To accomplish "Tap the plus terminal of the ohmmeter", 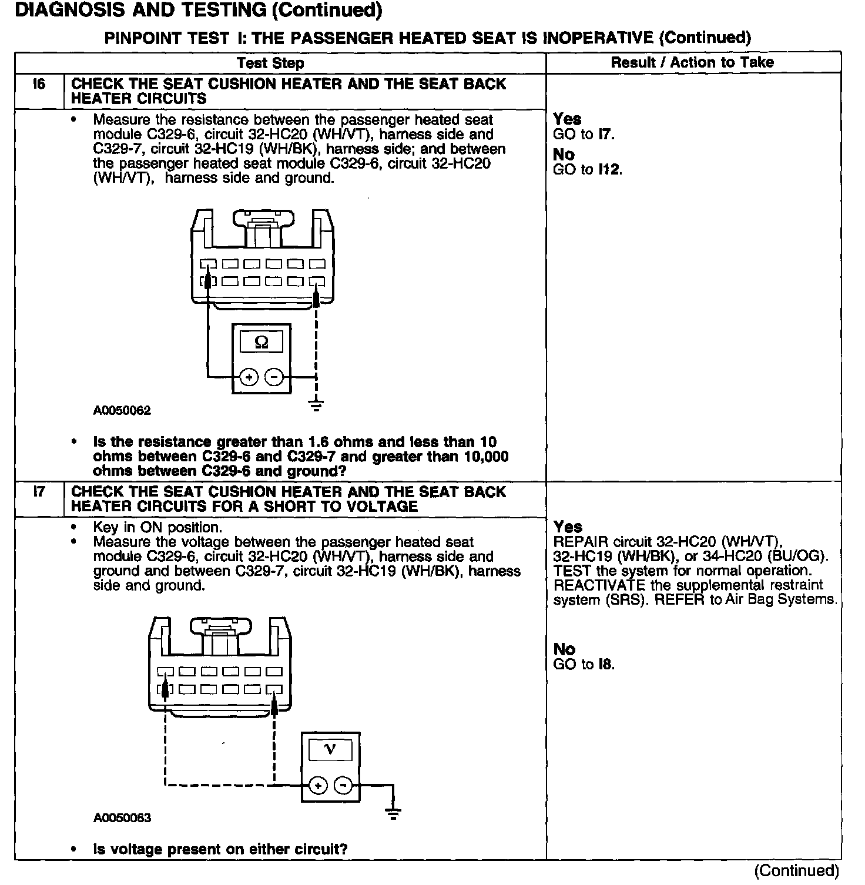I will (x=249, y=377).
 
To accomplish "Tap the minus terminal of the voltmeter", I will (x=344, y=785).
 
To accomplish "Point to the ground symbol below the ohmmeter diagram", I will (x=317, y=404).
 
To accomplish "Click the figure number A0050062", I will (x=122, y=411).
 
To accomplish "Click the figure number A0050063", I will (x=122, y=818).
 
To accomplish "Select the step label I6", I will (x=39, y=84).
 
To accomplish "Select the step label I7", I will (x=39, y=492).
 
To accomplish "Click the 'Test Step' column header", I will (x=270, y=63).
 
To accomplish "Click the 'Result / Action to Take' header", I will (x=692, y=62).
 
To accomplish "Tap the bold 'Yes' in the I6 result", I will (x=567, y=119).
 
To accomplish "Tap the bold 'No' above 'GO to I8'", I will (x=564, y=649).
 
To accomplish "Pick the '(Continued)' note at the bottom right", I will (x=796, y=870).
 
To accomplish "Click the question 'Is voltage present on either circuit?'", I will (x=220, y=849).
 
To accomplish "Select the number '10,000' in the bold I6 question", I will (x=485, y=457).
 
